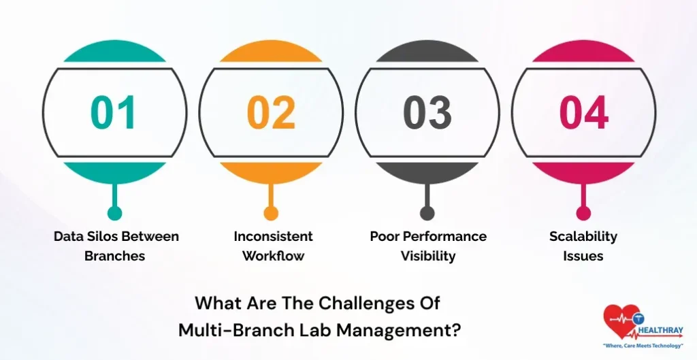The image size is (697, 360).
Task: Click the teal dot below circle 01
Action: pyautogui.click(x=114, y=213)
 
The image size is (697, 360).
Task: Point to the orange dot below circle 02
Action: pyautogui.click(x=271, y=213)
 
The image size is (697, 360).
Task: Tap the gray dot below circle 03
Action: pyautogui.click(x=427, y=213)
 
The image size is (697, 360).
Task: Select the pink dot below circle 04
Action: pyautogui.click(x=584, y=213)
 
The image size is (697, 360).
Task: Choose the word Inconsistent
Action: pyautogui.click(x=273, y=237)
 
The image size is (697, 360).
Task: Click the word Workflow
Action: pyautogui.click(x=273, y=257)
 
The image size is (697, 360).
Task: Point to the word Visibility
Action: pyautogui.click(x=428, y=257)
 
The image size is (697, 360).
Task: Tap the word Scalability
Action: pyautogui.click(x=583, y=237)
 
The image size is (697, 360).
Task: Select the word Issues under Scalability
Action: pyautogui.click(x=583, y=257)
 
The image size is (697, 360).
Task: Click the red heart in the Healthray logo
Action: pyautogui.click(x=621, y=322)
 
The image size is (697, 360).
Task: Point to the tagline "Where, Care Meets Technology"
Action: pyautogui.click(x=643, y=346)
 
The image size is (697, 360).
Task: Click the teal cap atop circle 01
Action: pyautogui.click(x=114, y=54)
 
